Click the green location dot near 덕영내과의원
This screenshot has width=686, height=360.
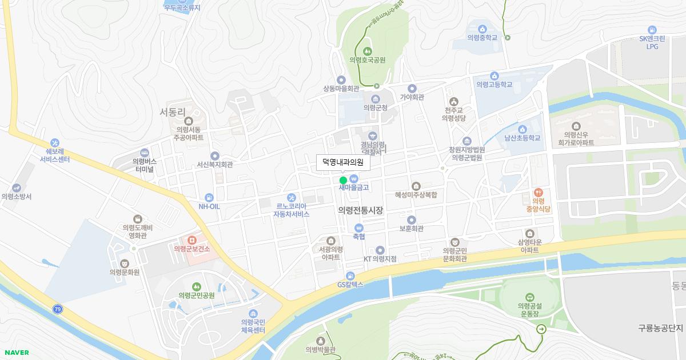click(x=343, y=181)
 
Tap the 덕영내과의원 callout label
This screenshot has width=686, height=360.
click(x=343, y=162)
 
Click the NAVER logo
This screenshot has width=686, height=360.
click(x=16, y=353)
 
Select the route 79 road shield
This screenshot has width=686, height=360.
click(x=57, y=309)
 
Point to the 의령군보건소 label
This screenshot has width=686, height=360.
click(x=193, y=249)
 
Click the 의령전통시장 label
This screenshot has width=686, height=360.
click(x=360, y=210)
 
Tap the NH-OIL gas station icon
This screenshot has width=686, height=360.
click(x=209, y=197)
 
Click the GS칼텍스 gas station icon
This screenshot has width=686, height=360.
click(x=350, y=276)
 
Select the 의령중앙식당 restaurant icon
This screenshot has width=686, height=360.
click(x=537, y=193)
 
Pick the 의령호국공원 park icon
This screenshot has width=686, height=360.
click(x=367, y=51)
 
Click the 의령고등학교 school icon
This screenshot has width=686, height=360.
click(x=494, y=75)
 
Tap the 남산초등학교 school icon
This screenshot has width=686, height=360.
click(x=522, y=129)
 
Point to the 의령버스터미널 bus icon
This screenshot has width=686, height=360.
click(x=144, y=153)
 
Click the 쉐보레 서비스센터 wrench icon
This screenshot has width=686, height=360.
click(x=54, y=142)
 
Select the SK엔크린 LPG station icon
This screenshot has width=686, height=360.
click(x=652, y=30)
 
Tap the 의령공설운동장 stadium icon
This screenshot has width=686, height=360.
click(x=529, y=297)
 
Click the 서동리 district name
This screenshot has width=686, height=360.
click(x=174, y=112)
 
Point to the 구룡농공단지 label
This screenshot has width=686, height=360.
click(x=661, y=328)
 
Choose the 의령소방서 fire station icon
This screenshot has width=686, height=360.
click(x=17, y=187)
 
